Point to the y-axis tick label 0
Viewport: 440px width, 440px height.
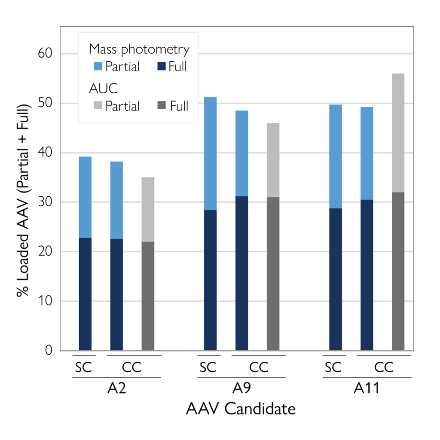(48, 351)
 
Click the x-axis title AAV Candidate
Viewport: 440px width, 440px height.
(241, 409)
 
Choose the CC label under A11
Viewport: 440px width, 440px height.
(384, 367)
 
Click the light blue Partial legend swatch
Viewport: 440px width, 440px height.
(96, 67)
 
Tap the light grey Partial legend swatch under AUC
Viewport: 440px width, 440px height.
(96, 106)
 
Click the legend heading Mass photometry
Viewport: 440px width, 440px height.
(139, 49)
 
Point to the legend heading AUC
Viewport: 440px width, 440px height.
(103, 89)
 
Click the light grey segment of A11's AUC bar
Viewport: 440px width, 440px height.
(398, 133)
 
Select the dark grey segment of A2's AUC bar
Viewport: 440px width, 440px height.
(148, 296)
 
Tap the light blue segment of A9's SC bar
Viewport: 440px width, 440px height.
(210, 153)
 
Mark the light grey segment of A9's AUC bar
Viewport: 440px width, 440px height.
(273, 160)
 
